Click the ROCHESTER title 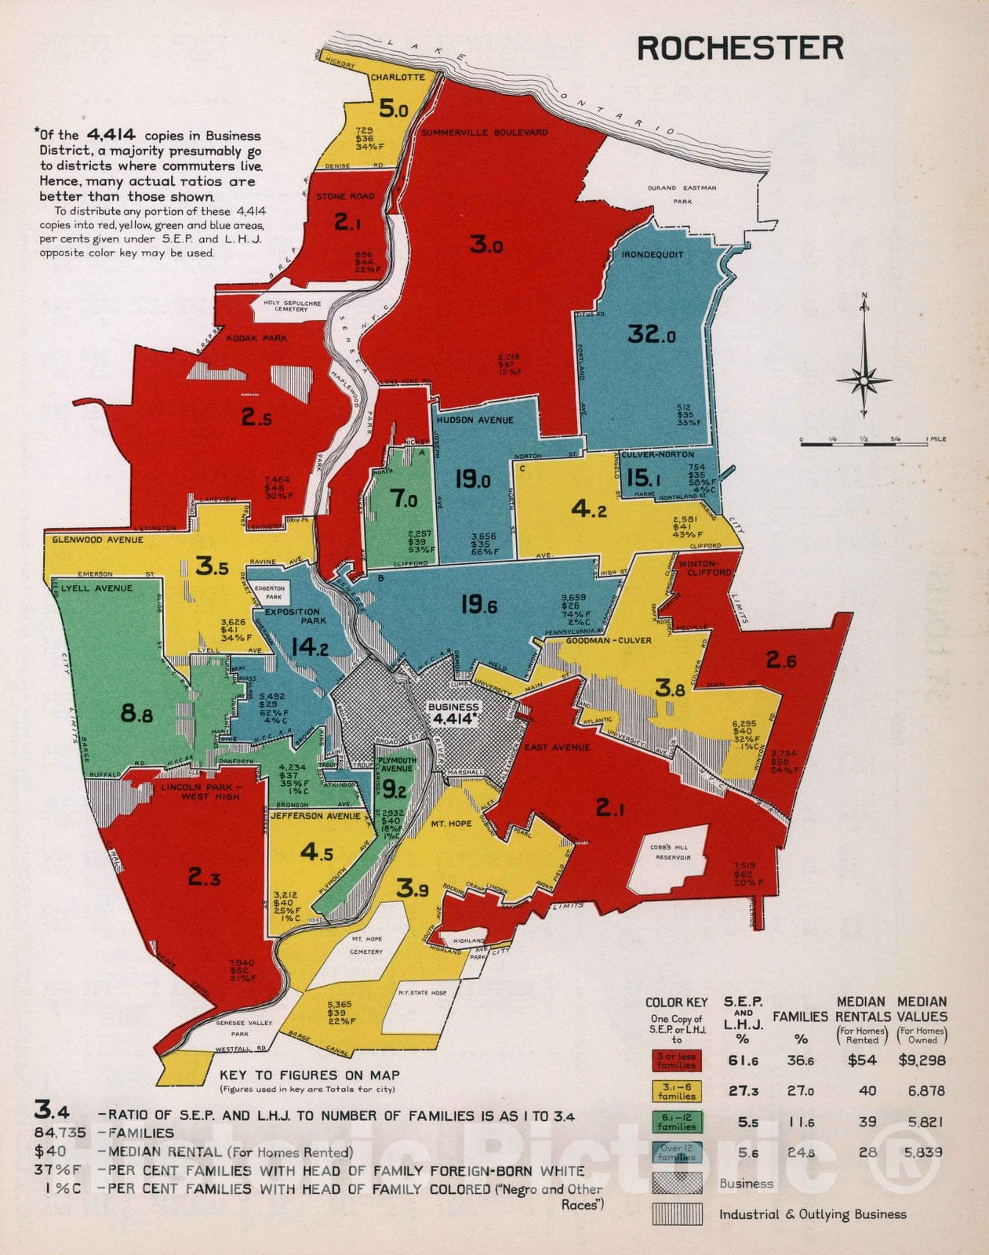click(740, 49)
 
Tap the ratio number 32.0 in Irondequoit click(651, 335)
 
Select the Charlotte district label click(398, 78)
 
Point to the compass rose click(864, 380)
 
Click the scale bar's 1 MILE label click(936, 439)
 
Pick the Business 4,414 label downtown click(453, 713)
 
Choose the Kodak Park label click(256, 338)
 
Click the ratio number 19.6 click(478, 605)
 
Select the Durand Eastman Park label click(682, 195)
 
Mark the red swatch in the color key click(676, 1060)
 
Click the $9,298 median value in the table click(922, 1060)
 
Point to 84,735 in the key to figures click(60, 1133)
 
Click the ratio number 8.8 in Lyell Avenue click(136, 714)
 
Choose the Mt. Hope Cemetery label click(367, 945)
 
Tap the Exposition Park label click(292, 616)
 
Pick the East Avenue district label click(557, 748)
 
